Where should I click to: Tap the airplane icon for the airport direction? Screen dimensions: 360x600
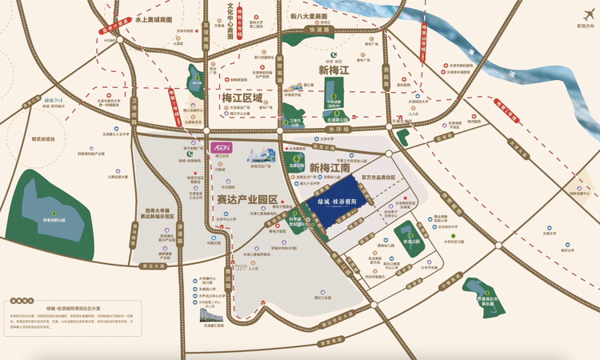(571, 19)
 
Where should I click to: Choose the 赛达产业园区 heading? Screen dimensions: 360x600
(246, 199)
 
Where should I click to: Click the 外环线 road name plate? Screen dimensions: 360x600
(340, 128)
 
